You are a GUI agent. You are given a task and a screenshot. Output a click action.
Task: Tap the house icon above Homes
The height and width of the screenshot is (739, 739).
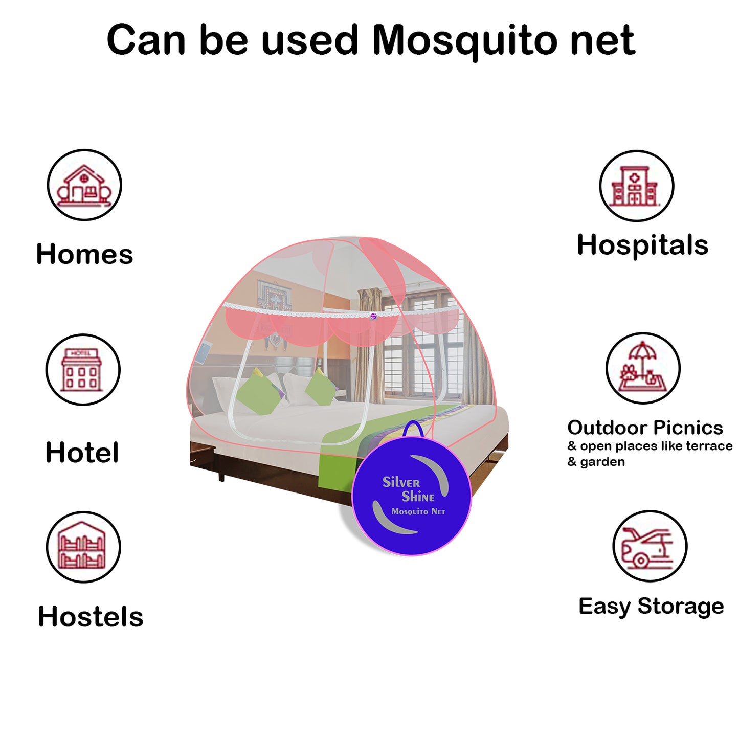coord(84,185)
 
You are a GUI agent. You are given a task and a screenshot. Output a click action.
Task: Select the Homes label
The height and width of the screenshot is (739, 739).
coord(84,254)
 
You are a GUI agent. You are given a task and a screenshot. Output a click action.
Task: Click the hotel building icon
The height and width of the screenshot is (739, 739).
coord(82,370)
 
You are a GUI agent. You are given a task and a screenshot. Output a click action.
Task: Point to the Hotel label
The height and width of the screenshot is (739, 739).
coord(82,453)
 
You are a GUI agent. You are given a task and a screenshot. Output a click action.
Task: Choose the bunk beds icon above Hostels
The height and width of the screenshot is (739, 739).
coord(83,547)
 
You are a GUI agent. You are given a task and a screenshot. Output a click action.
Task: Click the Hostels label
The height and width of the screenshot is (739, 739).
coord(91,616)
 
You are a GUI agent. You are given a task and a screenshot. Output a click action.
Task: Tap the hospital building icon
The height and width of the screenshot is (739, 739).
coord(636,186)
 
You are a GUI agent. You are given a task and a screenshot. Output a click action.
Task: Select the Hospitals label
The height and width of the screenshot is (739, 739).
coord(642,245)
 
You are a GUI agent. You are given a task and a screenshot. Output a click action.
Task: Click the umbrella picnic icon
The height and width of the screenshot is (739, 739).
coord(643,368)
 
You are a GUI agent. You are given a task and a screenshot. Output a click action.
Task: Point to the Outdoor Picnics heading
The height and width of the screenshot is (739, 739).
coord(645,428)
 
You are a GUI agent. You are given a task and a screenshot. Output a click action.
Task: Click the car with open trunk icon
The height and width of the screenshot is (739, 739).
coord(650,546)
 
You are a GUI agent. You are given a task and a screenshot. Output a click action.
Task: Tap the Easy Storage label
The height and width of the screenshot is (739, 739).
coord(651,607)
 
